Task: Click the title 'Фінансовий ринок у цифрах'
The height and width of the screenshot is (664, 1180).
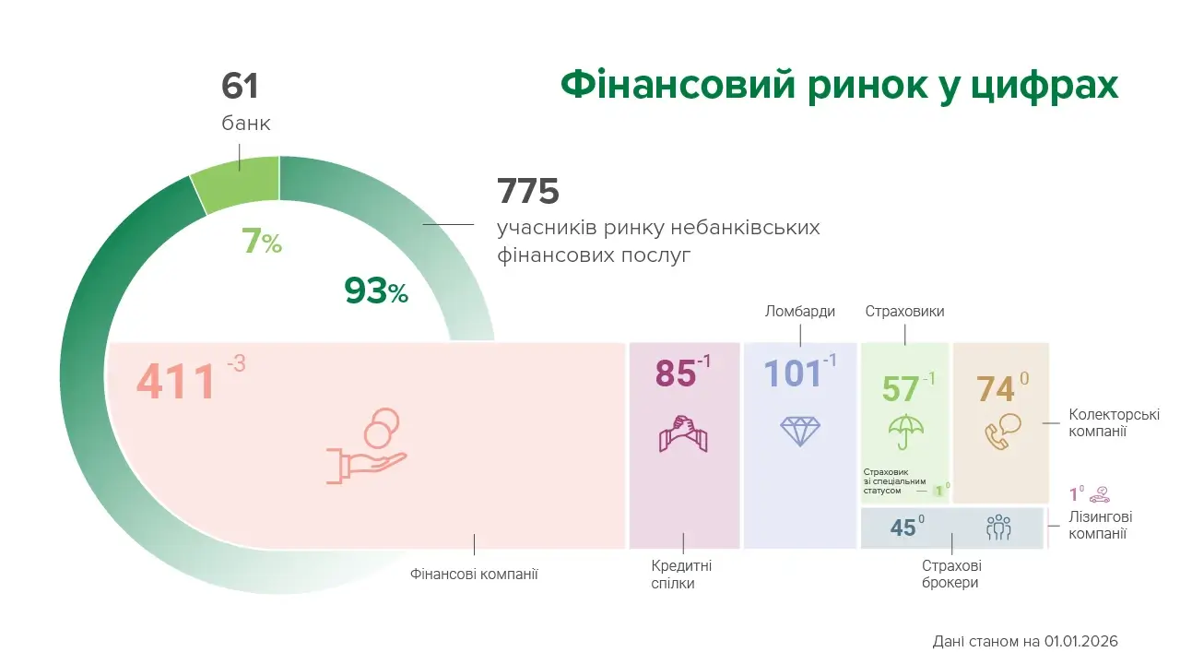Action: tap(839, 85)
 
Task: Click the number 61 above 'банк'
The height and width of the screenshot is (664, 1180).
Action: tap(240, 87)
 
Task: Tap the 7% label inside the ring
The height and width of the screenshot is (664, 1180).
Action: tap(261, 243)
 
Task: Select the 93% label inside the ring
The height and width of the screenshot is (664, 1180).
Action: tap(376, 291)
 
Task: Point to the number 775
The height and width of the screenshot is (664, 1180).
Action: tap(528, 192)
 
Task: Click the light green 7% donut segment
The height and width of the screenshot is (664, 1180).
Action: tap(236, 184)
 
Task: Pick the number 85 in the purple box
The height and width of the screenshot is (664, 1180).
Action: tap(675, 373)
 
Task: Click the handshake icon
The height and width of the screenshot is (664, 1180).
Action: tap(683, 433)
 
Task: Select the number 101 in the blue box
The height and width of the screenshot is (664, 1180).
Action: tap(792, 373)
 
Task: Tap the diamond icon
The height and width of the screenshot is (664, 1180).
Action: tap(799, 431)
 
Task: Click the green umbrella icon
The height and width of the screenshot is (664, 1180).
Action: tap(905, 430)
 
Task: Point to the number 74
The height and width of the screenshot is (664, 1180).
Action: tap(996, 389)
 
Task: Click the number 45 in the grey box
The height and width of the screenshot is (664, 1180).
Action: tap(903, 528)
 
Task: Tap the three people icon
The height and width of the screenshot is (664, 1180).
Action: tap(998, 528)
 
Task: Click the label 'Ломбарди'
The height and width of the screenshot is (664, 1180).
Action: tap(800, 312)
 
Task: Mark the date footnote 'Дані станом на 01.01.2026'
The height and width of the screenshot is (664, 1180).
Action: tap(1025, 641)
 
